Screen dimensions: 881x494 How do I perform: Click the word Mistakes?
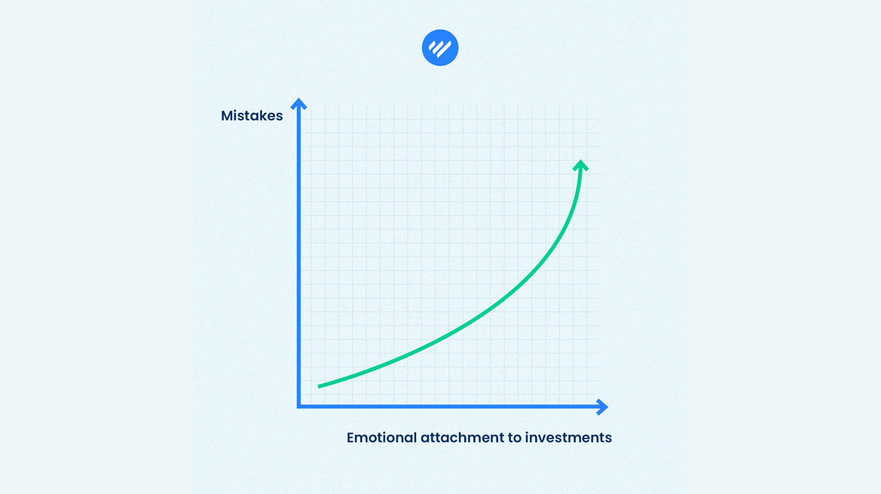click(252, 116)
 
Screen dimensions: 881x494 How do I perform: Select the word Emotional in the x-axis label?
click(381, 438)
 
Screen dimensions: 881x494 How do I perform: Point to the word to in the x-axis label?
click(514, 438)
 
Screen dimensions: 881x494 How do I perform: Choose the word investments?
click(568, 438)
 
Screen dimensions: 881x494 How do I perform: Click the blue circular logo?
click(440, 47)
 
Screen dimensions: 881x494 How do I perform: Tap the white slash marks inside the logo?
click(439, 48)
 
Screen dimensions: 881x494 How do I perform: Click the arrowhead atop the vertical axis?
click(298, 104)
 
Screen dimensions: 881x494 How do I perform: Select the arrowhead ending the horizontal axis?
click(602, 407)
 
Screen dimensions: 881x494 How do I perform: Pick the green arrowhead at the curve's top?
click(580, 166)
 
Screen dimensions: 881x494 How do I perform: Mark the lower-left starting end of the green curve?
click(319, 386)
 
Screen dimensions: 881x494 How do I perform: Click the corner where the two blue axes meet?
click(298, 407)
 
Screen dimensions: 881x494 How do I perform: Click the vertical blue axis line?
click(298, 252)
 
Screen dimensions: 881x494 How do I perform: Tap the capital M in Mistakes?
click(227, 116)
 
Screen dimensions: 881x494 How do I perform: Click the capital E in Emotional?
click(350, 438)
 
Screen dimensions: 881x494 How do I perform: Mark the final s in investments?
click(608, 439)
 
